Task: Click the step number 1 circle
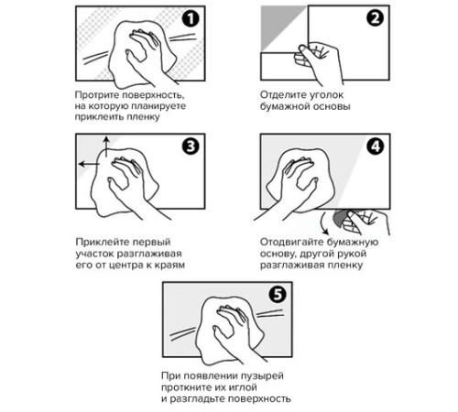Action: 191,19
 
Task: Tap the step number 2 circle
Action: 376,17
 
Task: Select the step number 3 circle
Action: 191,146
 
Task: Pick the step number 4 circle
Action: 376,146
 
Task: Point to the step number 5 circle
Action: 278,295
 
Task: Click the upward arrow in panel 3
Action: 106,146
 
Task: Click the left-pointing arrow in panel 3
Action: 89,164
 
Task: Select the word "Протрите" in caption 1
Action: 97,95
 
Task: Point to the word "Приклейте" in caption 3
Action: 100,242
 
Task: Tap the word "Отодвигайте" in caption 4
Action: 289,242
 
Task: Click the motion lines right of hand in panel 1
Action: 182,38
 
